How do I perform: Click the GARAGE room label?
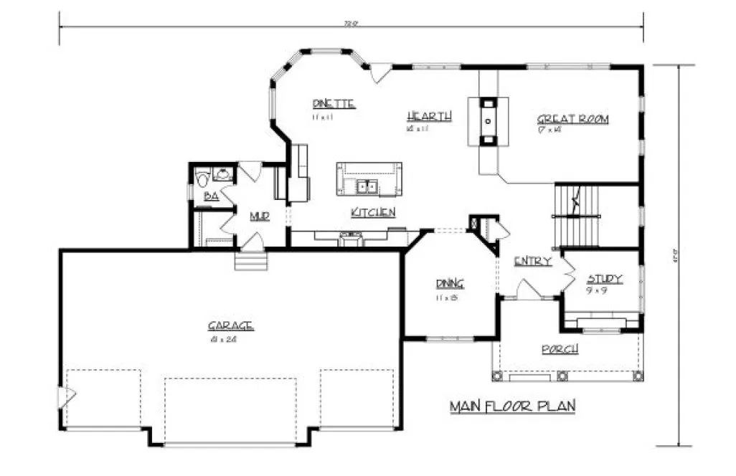coord(230,326)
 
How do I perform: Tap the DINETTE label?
coord(334,103)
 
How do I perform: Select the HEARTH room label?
coord(429,116)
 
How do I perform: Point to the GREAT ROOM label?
coord(572,119)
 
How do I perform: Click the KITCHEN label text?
coord(373,212)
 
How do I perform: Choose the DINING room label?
coord(450,282)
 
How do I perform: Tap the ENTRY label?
coord(532,262)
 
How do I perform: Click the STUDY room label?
coord(604,279)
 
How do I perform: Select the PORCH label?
coord(560,349)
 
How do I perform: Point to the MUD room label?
coord(259,216)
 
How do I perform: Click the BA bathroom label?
coord(211,196)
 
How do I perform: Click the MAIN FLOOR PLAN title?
coord(513,406)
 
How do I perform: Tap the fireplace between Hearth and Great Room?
coord(489,121)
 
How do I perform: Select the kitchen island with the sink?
coord(369,179)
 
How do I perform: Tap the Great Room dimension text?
coord(551,130)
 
